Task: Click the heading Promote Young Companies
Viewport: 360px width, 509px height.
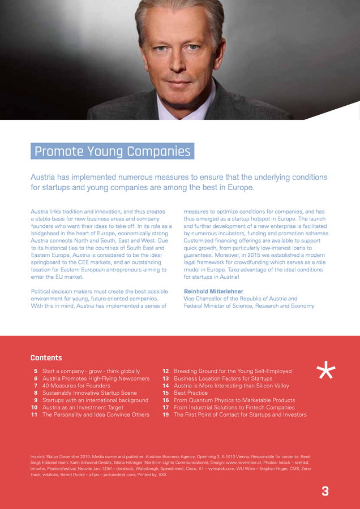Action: [x=112, y=152]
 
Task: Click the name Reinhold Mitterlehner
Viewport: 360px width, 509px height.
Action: [x=213, y=291]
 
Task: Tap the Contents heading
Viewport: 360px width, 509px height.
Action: [x=46, y=357]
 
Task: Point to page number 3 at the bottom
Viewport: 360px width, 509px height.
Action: [x=325, y=491]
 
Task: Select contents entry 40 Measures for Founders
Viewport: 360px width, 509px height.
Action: [x=76, y=386]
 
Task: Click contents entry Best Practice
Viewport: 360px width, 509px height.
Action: [x=191, y=392]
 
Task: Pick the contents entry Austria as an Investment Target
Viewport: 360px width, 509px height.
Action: [x=83, y=407]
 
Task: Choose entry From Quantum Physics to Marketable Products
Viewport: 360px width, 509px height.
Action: [x=234, y=400]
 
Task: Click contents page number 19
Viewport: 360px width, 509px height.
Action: [x=165, y=415]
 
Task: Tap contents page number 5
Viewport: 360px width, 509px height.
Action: [x=36, y=371]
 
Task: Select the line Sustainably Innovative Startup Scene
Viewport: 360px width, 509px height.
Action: [x=89, y=392]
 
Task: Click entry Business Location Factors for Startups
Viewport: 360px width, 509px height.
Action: [x=223, y=378]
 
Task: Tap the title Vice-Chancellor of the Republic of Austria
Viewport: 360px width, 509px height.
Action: [x=240, y=299]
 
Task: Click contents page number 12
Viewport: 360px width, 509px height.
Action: [x=165, y=371]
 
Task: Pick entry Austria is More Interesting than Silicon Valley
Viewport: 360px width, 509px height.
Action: [x=231, y=386]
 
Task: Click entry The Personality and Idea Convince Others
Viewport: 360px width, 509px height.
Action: [x=96, y=415]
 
